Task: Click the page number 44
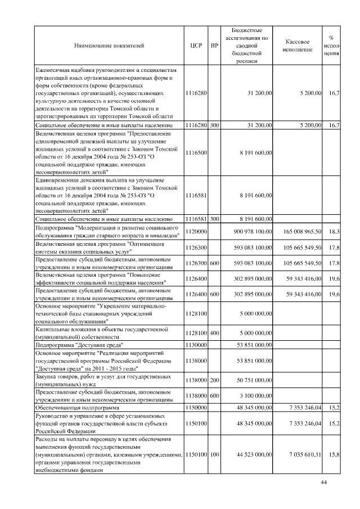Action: point(323,482)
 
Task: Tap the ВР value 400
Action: point(214,333)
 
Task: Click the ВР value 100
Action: point(214,453)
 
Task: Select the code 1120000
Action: point(196,231)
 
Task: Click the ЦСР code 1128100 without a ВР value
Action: point(196,313)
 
